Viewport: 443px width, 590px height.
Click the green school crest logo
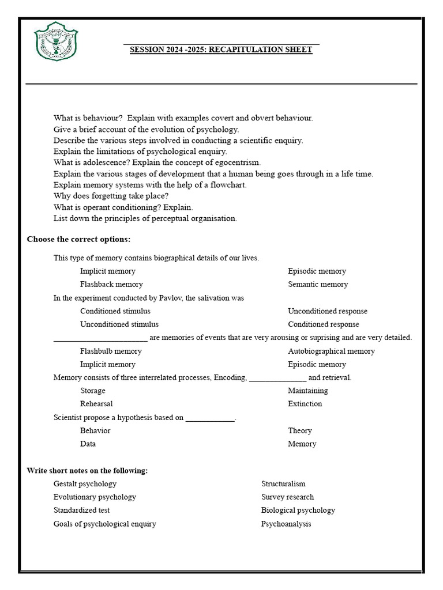point(56,43)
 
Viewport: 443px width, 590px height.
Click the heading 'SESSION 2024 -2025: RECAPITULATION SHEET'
point(221,50)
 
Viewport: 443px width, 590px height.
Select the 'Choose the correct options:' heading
point(78,239)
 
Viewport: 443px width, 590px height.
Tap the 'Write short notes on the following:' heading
point(87,471)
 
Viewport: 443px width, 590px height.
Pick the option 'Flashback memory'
point(111,284)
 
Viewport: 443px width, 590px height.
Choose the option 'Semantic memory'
point(318,284)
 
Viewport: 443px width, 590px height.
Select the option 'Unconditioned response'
point(328,311)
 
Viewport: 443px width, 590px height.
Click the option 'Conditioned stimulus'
point(115,311)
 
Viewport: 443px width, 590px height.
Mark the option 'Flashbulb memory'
point(111,351)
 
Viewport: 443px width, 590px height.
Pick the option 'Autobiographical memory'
point(331,351)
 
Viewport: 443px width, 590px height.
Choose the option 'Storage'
point(93,391)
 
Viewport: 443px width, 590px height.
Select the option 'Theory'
point(300,430)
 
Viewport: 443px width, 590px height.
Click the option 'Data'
point(88,444)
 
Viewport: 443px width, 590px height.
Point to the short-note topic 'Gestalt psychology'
point(85,484)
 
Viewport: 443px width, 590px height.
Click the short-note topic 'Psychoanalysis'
point(286,524)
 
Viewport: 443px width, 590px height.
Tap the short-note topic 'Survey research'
point(288,497)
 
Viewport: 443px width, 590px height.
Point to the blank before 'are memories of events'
point(100,338)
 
